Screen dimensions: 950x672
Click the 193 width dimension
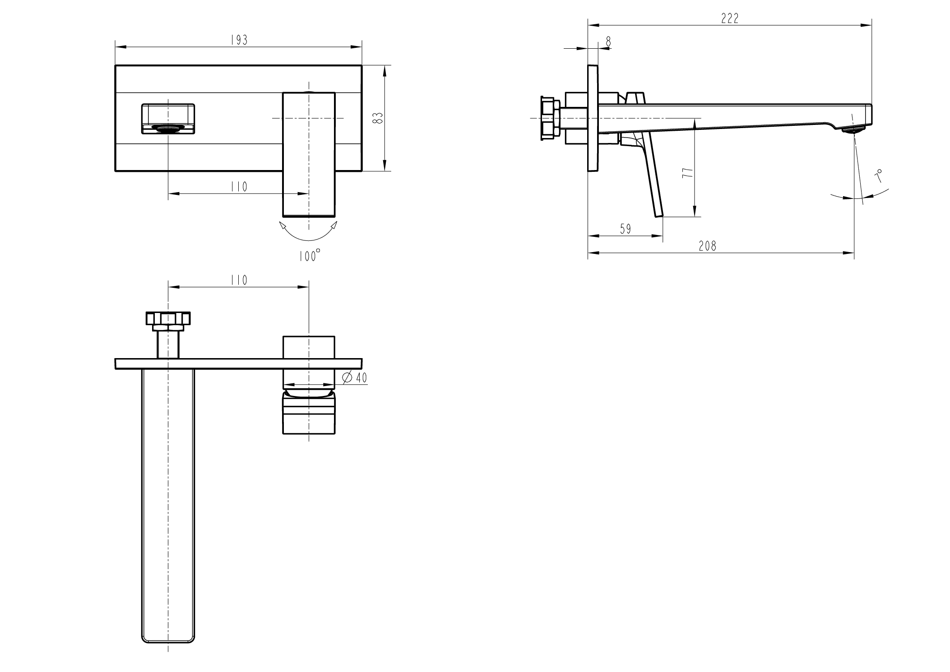click(239, 40)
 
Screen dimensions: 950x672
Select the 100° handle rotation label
click(310, 256)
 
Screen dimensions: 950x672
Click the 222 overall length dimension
click(730, 18)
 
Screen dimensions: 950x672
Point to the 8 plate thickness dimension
click(608, 41)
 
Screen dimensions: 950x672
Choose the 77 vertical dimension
click(687, 173)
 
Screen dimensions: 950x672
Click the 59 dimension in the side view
click(625, 229)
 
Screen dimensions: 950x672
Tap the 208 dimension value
click(707, 246)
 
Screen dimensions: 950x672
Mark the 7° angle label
click(878, 176)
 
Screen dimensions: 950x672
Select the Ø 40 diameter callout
click(355, 378)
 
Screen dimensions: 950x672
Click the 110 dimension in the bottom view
click(239, 280)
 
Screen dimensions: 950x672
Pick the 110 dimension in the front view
click(239, 187)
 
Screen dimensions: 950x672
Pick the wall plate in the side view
click(593, 118)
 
